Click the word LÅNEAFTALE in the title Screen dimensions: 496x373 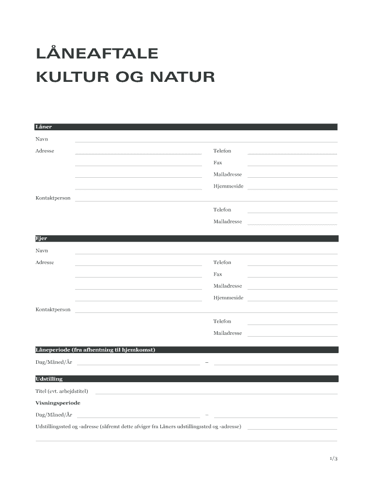[x=97, y=53]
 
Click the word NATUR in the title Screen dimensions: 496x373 [x=182, y=77]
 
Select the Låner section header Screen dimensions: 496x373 [x=44, y=127]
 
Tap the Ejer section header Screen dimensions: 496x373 [x=41, y=238]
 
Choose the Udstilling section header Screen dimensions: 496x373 [x=49, y=379]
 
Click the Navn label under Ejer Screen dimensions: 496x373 [x=42, y=251]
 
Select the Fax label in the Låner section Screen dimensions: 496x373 [x=218, y=163]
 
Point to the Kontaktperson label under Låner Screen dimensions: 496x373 [x=53, y=198]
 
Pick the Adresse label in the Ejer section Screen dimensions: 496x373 [x=45, y=263]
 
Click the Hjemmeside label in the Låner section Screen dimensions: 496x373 [x=228, y=186]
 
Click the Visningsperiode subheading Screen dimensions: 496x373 [x=58, y=403]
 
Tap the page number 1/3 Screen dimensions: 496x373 [x=333, y=458]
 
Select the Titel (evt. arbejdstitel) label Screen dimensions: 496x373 [x=62, y=391]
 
